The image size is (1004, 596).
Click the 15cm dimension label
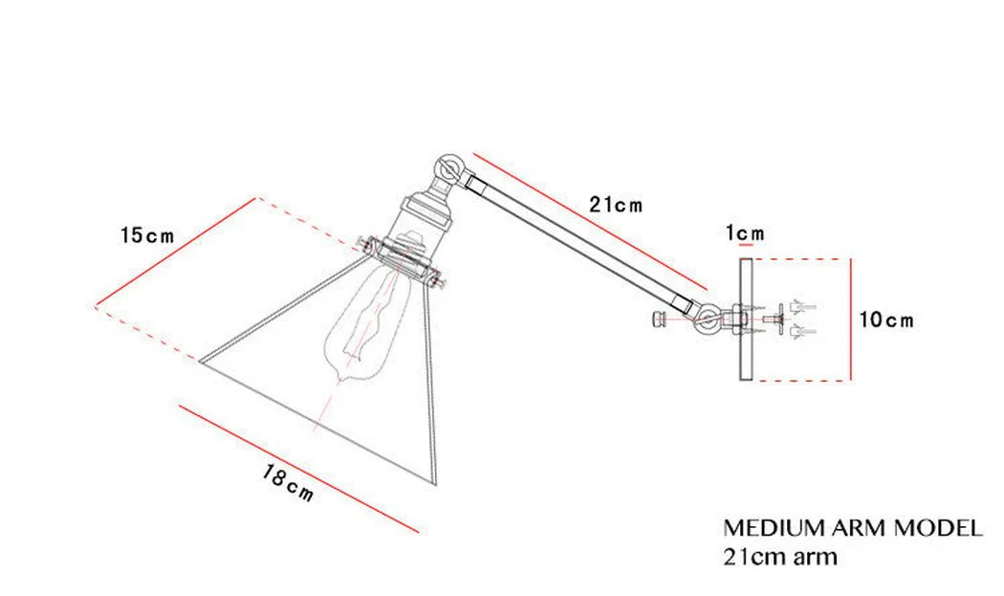(147, 235)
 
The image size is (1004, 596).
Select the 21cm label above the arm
(616, 205)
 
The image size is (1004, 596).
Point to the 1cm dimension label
(745, 233)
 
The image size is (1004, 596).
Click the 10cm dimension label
(885, 320)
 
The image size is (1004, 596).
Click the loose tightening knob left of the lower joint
(658, 319)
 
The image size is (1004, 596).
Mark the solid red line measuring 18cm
(299, 466)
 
